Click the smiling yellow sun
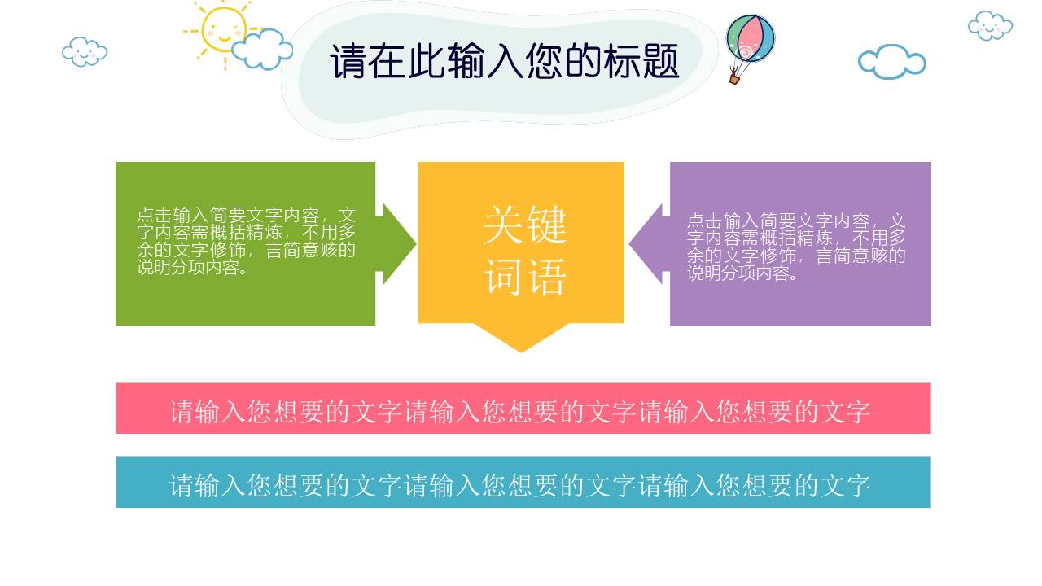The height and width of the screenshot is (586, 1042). click(221, 30)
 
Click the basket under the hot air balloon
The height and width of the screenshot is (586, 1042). click(734, 78)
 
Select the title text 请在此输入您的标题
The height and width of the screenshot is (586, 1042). click(504, 62)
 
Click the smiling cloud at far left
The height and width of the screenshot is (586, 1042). click(85, 52)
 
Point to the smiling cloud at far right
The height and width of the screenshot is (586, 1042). click(990, 26)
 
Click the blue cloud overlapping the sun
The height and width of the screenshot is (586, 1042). click(262, 50)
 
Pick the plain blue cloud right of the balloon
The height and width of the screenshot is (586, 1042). click(891, 62)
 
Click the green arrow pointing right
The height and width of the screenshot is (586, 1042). click(398, 243)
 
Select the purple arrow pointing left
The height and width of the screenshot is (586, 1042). click(646, 244)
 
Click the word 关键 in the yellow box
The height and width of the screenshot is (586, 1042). click(524, 225)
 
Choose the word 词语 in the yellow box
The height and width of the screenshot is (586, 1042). click(524, 278)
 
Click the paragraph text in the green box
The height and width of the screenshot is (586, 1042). click(246, 242)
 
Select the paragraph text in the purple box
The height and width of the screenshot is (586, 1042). click(796, 247)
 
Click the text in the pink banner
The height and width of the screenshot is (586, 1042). click(520, 411)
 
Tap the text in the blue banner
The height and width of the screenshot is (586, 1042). click(520, 485)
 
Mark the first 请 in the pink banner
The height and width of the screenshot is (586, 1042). click(182, 412)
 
